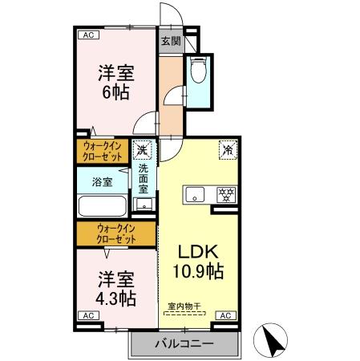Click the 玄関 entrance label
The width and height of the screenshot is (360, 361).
point(170,42)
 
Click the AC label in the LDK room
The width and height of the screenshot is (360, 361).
point(226,316)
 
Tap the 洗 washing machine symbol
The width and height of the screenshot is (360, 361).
point(143,149)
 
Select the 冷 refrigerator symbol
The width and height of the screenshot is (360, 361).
point(227,149)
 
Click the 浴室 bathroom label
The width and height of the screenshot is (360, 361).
point(101,181)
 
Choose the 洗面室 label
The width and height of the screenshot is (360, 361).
point(143,180)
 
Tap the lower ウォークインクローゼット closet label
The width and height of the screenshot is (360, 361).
point(115,233)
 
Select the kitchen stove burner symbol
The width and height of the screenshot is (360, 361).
point(226,194)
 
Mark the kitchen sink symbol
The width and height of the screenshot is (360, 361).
point(195,194)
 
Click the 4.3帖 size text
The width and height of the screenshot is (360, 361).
point(116,298)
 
